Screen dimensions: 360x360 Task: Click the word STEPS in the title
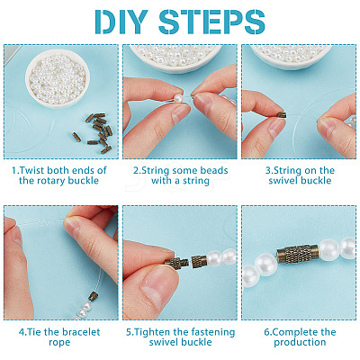(211, 22)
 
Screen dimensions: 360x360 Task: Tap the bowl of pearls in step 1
(58, 78)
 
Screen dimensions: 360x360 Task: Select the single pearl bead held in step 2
(178, 98)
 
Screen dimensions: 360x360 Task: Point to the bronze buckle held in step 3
(282, 115)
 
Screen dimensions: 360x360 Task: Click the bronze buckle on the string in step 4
(93, 297)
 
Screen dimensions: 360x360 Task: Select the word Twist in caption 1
(31, 170)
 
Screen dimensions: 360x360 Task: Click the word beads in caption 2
(214, 170)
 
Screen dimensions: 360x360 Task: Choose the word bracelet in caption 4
(81, 332)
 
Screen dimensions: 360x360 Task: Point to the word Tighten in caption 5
(152, 332)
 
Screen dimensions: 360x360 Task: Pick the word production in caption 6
(300, 343)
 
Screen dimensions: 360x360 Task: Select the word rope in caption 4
(59, 343)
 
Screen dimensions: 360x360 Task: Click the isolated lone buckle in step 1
(76, 137)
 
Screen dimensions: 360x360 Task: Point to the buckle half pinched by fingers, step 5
(176, 264)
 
